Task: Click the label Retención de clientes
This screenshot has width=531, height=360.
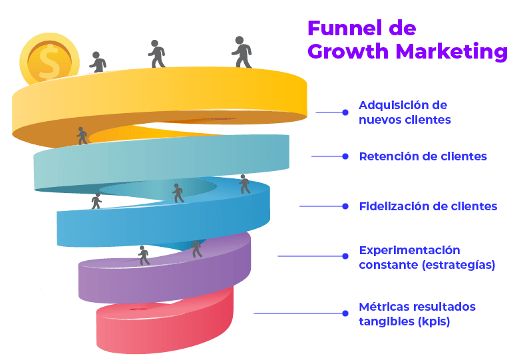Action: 423,156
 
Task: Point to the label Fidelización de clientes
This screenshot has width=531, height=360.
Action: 428,206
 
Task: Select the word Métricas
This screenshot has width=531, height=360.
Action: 383,307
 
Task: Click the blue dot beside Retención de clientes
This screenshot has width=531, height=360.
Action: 345,156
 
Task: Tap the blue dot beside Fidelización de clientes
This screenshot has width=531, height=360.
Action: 345,206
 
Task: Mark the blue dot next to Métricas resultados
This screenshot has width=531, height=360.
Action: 345,313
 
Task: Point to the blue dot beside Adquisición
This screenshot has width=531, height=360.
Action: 345,112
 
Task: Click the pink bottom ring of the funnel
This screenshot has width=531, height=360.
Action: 166,329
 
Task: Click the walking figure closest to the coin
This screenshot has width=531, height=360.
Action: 99,62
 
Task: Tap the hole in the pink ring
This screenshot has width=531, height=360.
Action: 139,309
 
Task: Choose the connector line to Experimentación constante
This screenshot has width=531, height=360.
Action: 309,256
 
